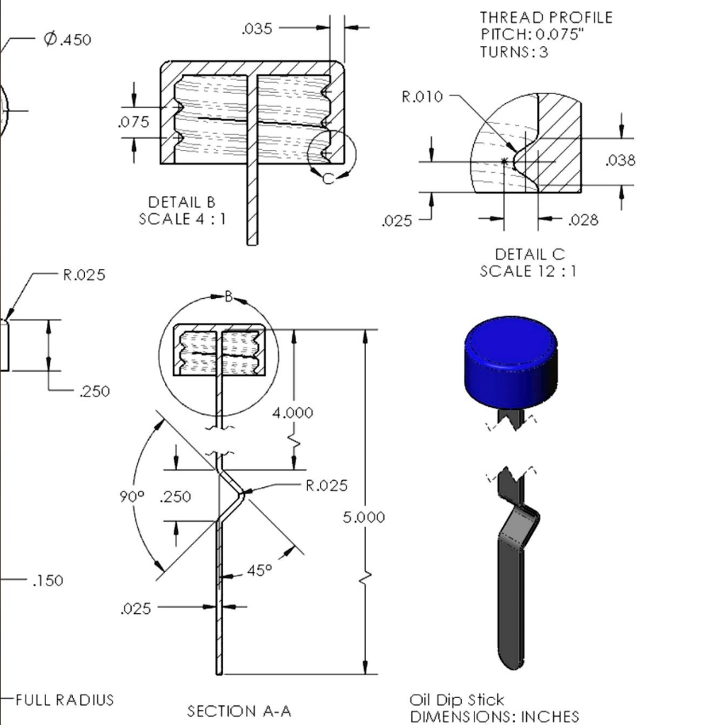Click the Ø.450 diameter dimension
[x=67, y=40]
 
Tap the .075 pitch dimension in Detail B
[x=134, y=122]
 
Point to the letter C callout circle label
[x=327, y=179]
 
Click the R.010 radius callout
[x=422, y=97]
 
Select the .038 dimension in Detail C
[x=620, y=161]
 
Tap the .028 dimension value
[x=584, y=220]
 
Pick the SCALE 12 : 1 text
[x=528, y=270]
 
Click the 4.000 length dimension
[x=293, y=413]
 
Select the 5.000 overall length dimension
[x=364, y=518]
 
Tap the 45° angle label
[x=259, y=570]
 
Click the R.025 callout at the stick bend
[x=327, y=486]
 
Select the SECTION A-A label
[x=239, y=711]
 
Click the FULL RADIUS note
[x=64, y=700]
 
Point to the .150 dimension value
[x=47, y=581]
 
